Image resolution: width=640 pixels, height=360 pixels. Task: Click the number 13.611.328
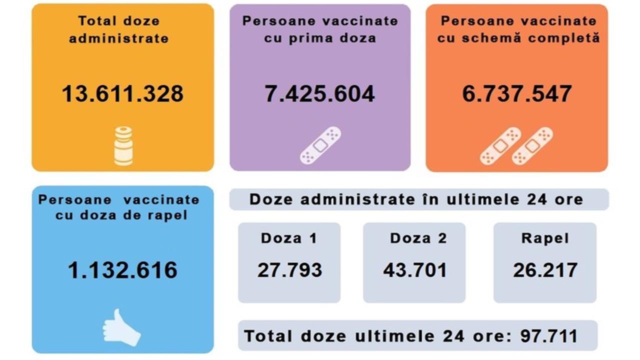tap(122, 94)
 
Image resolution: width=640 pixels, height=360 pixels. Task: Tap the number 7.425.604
tap(319, 94)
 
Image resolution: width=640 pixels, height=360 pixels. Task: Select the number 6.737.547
tap(516, 94)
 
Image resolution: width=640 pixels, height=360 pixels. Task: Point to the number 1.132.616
tap(122, 270)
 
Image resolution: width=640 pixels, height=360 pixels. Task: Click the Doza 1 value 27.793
tap(289, 270)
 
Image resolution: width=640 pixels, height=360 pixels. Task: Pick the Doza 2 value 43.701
tap(415, 270)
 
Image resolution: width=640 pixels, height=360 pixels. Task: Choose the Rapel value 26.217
tap(545, 270)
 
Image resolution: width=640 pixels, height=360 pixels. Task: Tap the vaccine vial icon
tap(123, 146)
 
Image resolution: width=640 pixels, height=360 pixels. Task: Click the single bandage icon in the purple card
tap(320, 145)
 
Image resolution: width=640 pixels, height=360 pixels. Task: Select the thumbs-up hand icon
tap(121, 327)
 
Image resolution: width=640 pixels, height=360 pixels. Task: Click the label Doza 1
tap(289, 238)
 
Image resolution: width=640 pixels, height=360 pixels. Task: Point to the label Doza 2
tap(418, 238)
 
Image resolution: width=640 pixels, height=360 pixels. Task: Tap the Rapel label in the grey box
tap(545, 238)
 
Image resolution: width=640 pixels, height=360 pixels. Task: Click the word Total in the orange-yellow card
tap(96, 21)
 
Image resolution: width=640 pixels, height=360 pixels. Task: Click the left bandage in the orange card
tap(500, 146)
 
